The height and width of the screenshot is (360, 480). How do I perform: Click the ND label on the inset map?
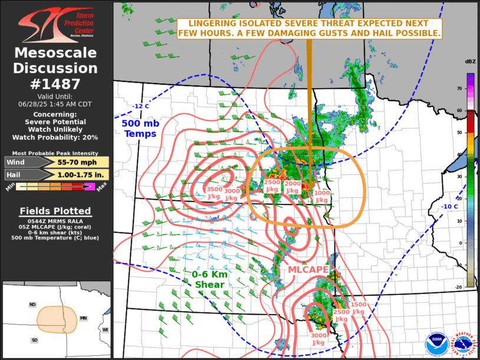[x=33, y=305]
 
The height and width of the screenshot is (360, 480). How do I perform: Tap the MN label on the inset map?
[x=84, y=318]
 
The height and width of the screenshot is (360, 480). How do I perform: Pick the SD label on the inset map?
[x=35, y=341]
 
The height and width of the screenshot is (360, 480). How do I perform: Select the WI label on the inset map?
[x=105, y=329]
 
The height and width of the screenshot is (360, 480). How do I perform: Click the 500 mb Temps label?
[x=140, y=129]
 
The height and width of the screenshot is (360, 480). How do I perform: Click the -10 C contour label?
[x=451, y=206]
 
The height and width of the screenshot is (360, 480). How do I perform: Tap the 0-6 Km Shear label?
[x=209, y=280]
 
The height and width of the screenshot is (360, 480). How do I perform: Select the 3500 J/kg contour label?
[x=214, y=193]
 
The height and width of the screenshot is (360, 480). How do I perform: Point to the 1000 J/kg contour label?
[x=322, y=197]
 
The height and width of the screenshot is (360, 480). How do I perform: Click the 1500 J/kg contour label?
[x=358, y=308]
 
